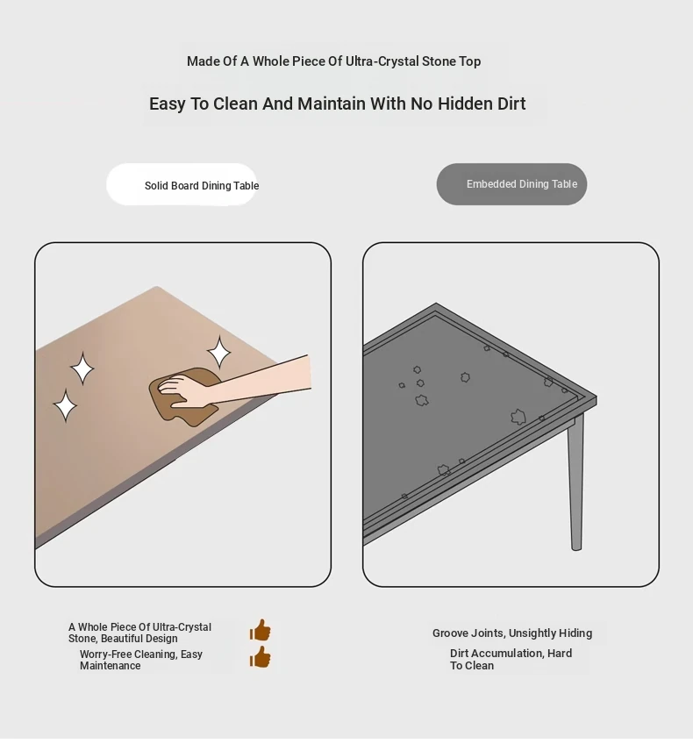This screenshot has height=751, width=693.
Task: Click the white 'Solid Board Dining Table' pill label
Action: (182, 184)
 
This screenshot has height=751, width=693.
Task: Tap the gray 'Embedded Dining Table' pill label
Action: (511, 184)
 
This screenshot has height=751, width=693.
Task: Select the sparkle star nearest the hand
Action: (219, 352)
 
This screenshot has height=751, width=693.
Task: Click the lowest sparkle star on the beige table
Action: (65, 405)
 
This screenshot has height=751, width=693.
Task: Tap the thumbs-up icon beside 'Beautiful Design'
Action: (260, 630)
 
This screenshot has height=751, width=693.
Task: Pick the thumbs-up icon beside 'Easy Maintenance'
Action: (260, 657)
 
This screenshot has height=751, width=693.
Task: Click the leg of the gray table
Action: (575, 483)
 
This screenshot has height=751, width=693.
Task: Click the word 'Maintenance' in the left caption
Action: (111, 666)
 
